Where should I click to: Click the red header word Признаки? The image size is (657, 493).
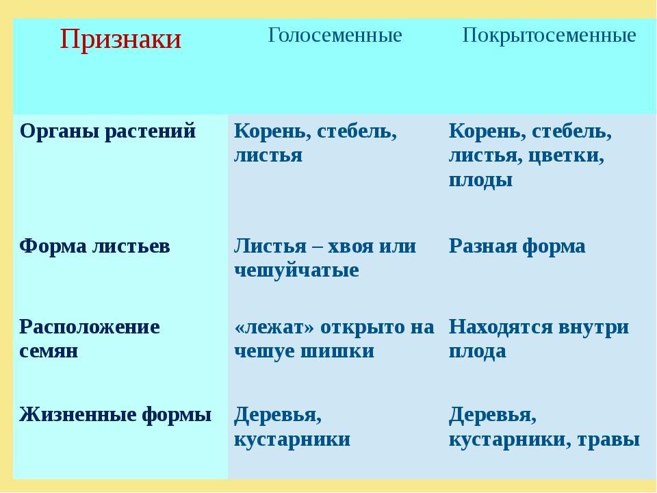[120, 40]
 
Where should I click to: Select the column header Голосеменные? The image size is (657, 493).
[335, 35]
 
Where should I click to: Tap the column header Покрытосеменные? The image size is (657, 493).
[549, 36]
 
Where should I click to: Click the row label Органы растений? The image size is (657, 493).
[107, 131]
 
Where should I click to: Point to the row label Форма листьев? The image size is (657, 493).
[94, 246]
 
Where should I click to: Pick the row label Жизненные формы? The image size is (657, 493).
[115, 415]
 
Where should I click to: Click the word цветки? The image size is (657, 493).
[566, 156]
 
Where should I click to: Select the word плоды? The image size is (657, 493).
[480, 181]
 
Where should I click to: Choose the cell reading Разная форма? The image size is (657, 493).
[517, 246]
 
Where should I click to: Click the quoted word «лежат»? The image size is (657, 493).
[274, 327]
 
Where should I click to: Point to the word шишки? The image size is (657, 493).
[337, 351]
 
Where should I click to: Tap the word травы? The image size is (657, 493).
[608, 440]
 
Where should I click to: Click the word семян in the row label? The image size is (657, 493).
[49, 351]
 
